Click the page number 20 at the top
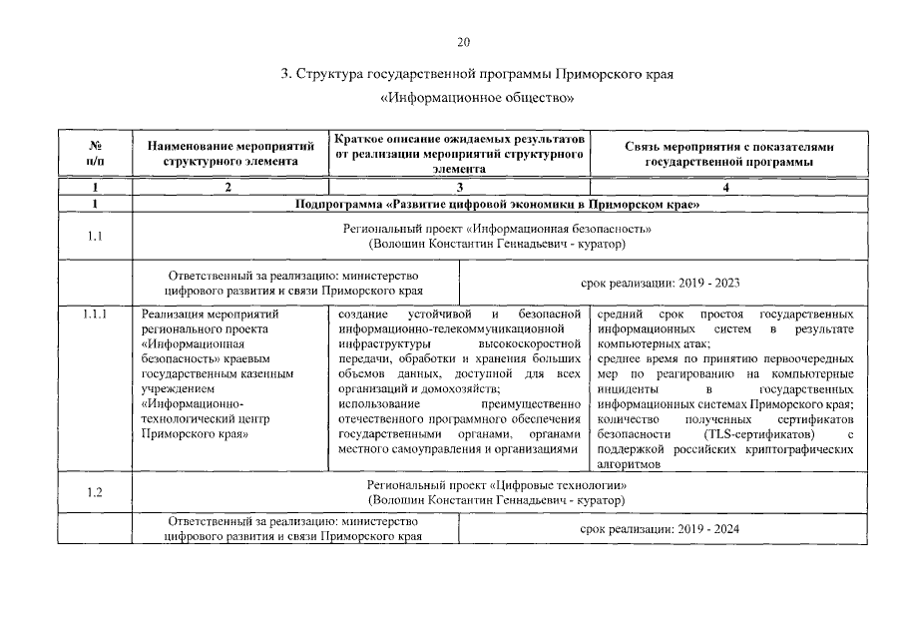(462, 42)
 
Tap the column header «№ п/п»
(94, 154)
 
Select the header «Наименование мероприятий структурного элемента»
(230, 154)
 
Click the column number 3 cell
(460, 188)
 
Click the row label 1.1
(94, 236)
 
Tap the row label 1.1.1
(94, 314)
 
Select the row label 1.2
(94, 491)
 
